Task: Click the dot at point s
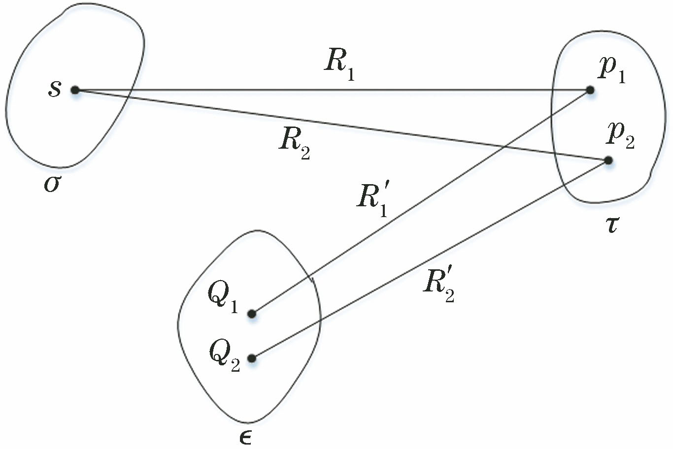[75, 90]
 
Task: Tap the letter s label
[55, 90]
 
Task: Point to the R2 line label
[294, 144]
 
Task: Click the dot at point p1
[590, 90]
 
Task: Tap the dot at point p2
[608, 160]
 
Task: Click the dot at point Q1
[252, 314]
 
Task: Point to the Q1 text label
[223, 298]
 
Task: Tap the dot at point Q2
[252, 358]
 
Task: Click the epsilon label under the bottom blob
[245, 437]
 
